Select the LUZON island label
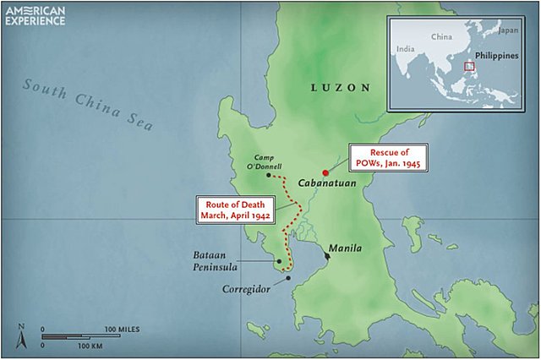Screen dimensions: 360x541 click(340, 87)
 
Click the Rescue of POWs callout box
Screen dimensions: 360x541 click(385, 156)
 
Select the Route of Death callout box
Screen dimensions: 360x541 click(235, 209)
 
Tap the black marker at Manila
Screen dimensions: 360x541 click(327, 255)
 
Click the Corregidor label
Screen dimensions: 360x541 click(246, 288)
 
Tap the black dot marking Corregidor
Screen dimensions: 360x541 click(288, 277)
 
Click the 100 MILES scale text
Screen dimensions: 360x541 click(123, 327)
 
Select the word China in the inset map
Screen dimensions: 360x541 click(442, 38)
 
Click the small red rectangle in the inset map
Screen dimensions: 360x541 click(467, 64)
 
